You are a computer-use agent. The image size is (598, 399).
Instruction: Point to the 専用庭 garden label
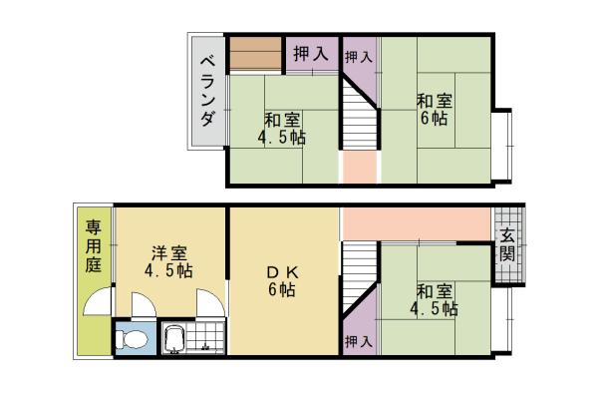click(x=93, y=248)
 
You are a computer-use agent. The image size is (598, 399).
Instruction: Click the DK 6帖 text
click(x=280, y=281)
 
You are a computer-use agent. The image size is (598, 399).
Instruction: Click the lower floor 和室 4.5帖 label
click(x=437, y=299)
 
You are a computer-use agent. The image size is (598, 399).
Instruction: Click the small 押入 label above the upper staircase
click(x=359, y=58)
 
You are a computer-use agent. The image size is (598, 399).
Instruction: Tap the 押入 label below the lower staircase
click(x=359, y=340)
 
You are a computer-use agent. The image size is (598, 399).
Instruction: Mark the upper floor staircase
click(x=359, y=116)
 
